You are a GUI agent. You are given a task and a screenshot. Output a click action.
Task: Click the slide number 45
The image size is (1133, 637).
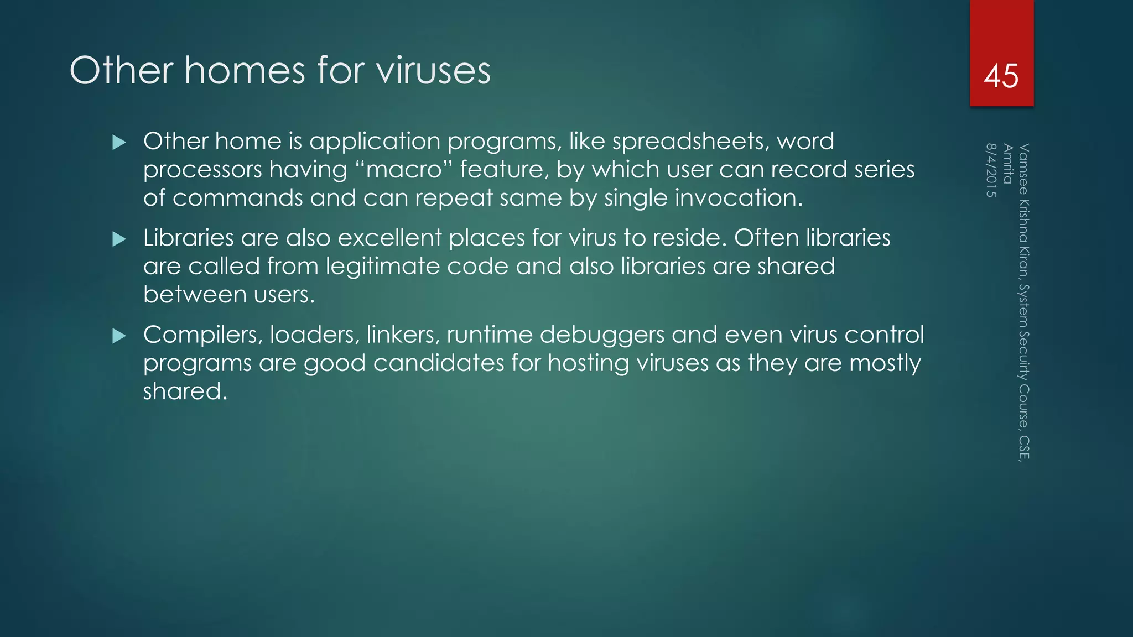point(1001,76)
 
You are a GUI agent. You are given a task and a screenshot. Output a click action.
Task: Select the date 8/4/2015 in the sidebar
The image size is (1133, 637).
point(991,170)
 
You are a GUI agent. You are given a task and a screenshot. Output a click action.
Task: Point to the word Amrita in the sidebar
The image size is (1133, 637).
point(1007,164)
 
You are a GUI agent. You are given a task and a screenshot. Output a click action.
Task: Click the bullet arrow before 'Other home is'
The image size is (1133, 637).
point(119,143)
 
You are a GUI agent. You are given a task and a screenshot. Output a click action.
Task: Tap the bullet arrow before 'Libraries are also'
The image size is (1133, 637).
point(119,239)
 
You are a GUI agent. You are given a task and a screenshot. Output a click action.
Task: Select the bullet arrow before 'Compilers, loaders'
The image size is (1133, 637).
point(119,336)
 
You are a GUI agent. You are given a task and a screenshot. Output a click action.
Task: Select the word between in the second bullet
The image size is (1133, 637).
point(186,295)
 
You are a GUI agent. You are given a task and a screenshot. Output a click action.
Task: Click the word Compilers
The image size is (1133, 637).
point(202,335)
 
